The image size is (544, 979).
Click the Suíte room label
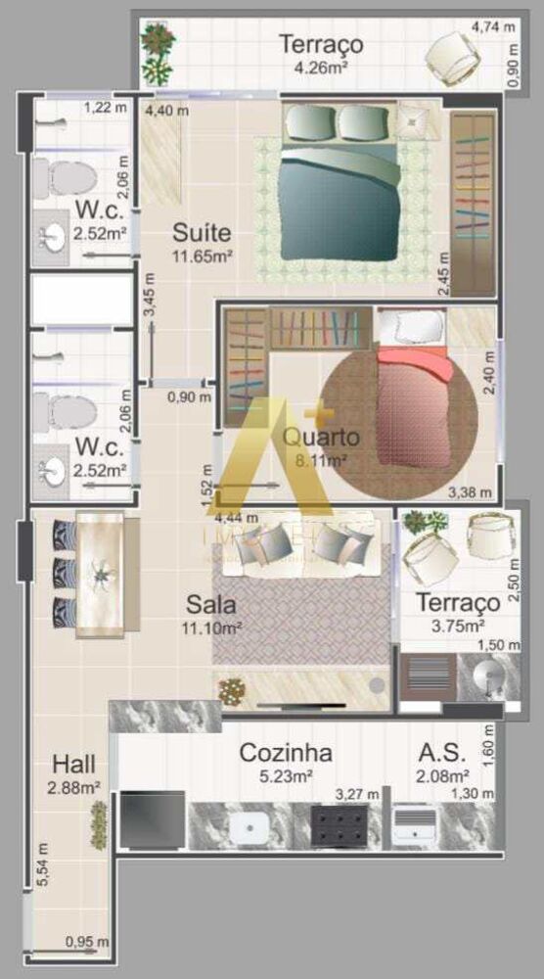(x=202, y=233)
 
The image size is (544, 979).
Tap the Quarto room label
(x=321, y=437)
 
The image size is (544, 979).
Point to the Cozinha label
(x=285, y=753)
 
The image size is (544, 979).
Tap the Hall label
(x=74, y=764)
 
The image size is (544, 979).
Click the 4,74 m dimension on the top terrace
(x=494, y=26)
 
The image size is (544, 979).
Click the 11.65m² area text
(x=202, y=256)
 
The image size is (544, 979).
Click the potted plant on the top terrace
(x=157, y=51)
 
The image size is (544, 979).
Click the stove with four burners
(x=345, y=825)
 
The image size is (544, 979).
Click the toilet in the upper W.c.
(x=67, y=177)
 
